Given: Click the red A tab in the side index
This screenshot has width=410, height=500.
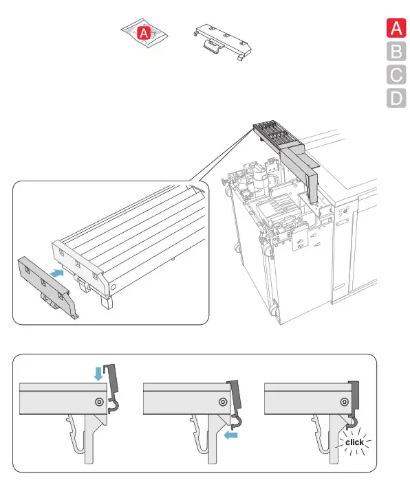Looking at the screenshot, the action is click(x=396, y=28).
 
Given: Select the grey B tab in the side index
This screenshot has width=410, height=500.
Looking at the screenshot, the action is click(x=396, y=52).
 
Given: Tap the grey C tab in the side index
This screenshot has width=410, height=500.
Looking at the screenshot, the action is click(x=396, y=75).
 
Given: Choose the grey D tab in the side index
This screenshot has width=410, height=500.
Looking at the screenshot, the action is click(x=396, y=98).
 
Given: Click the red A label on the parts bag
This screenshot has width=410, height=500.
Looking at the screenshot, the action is click(x=144, y=33).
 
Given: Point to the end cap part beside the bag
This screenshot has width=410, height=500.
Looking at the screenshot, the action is click(x=223, y=42).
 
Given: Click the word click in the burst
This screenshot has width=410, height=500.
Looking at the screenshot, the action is click(x=354, y=442).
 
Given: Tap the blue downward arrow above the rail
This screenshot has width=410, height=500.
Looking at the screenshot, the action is click(x=98, y=374).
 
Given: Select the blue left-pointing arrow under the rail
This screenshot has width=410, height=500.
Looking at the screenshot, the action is click(x=231, y=435).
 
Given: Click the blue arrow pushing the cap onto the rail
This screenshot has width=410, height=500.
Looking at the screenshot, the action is click(x=57, y=273).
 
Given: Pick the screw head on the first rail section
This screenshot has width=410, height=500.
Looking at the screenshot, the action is click(x=100, y=402).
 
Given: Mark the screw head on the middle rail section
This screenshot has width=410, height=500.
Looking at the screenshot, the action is click(x=223, y=402).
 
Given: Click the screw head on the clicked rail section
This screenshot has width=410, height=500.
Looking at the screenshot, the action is click(x=344, y=402).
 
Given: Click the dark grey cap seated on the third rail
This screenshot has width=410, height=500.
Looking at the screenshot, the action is click(x=354, y=398).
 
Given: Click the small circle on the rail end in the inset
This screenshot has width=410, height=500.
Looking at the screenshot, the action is click(x=114, y=287).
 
